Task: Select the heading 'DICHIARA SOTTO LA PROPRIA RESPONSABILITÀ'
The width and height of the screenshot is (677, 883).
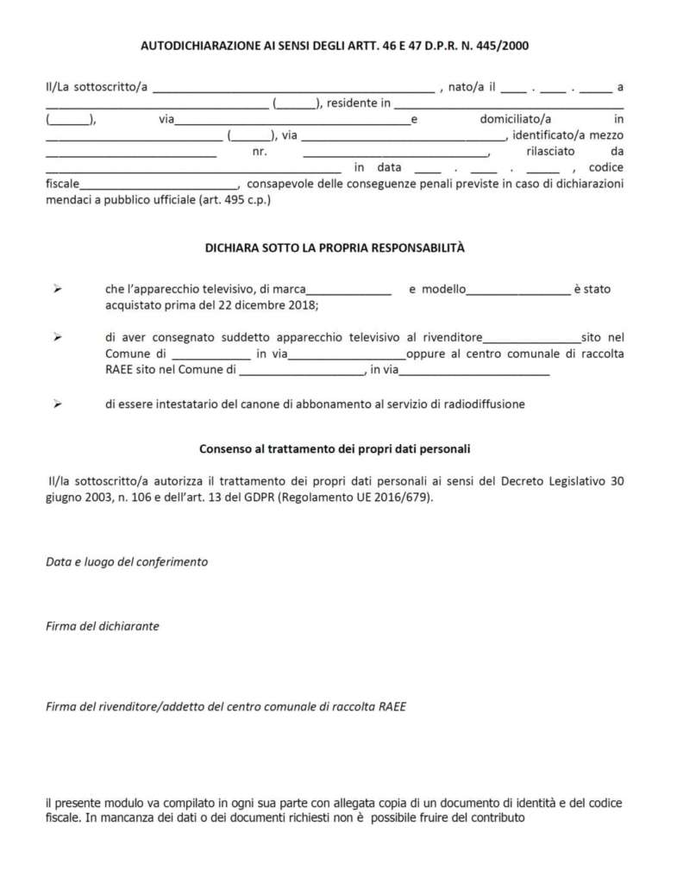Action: [x=335, y=247]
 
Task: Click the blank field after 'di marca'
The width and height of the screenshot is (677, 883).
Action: [x=349, y=291]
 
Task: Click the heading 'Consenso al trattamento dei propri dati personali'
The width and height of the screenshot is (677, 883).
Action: [x=335, y=449]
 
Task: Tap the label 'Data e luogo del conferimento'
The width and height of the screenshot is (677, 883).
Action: [x=127, y=561]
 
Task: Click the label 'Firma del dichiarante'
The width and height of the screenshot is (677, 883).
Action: [x=102, y=626]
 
